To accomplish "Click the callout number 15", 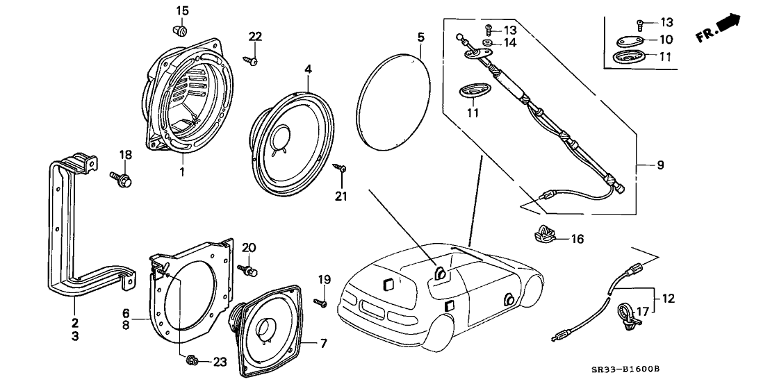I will [x=181, y=10].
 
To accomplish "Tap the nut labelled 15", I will [x=181, y=31].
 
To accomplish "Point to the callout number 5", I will [x=420, y=36].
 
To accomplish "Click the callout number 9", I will [x=660, y=165].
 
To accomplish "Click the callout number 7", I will [x=322, y=343].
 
